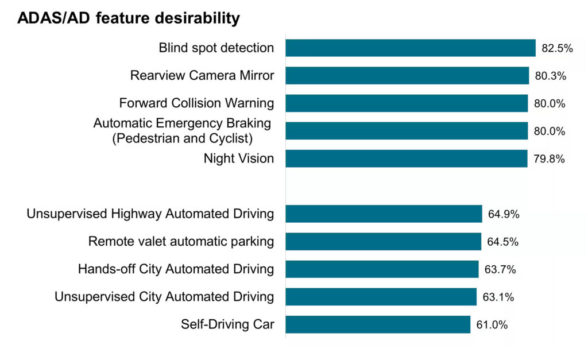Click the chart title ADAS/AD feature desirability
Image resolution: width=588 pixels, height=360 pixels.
pos(129,18)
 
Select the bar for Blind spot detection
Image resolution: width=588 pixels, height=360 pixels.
pos(410,48)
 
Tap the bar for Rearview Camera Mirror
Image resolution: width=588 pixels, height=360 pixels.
pos(407,75)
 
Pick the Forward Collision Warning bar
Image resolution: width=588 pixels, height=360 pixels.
pos(406,103)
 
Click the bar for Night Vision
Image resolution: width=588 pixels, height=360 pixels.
pos(406,158)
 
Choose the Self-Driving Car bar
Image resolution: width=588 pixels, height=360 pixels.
pos(378,324)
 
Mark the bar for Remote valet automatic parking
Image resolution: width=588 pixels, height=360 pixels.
pos(383,241)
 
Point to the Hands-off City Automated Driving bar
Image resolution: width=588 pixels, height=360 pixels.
pos(382,269)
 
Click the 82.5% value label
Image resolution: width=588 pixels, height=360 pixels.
pos(557,48)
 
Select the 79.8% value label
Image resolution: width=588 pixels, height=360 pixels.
pos(549,159)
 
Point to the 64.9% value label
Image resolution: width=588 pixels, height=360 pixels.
pos(504,214)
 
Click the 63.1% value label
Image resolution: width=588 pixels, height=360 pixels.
pos(498,297)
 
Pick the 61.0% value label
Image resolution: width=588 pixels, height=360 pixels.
pos(492,325)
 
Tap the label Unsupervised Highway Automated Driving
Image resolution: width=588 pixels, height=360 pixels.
pos(150,214)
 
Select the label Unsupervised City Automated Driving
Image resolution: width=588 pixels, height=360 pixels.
pos(164,297)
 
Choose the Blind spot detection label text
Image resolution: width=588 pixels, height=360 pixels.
pos(216,48)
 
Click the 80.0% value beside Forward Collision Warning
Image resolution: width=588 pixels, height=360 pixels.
pos(550,104)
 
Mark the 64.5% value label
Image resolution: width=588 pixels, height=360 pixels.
pos(503,242)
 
